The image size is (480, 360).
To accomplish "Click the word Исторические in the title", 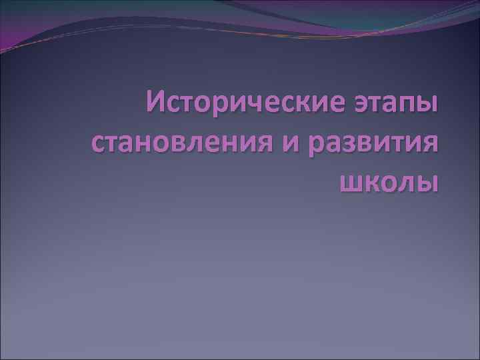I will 246,105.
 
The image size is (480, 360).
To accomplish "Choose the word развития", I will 376,143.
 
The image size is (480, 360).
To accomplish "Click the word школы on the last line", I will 389,181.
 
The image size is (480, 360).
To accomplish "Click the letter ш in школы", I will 351,182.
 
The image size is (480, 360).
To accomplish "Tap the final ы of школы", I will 429,182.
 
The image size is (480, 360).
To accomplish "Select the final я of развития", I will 431,145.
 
